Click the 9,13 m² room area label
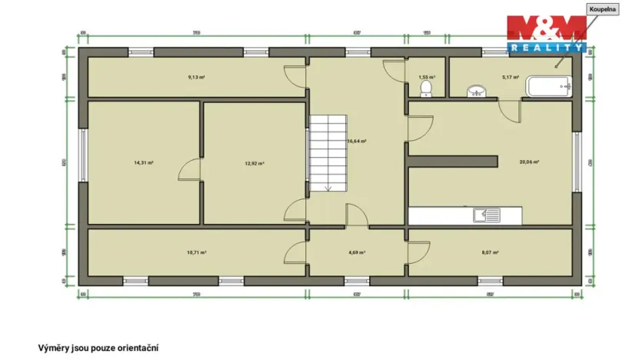pos(197,77)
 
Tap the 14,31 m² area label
pos(144,163)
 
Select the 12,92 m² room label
pos(255,163)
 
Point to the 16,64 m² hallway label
pos(356,142)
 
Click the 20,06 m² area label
pos(529,162)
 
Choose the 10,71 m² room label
pos(197,252)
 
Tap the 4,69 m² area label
pos(356,252)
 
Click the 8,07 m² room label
pos(491,252)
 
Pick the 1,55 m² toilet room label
pos(427,77)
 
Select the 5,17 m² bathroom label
pos(511,77)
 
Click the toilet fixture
pos(427,91)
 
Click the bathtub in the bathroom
pos(548,87)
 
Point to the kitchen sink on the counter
pos(488,215)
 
